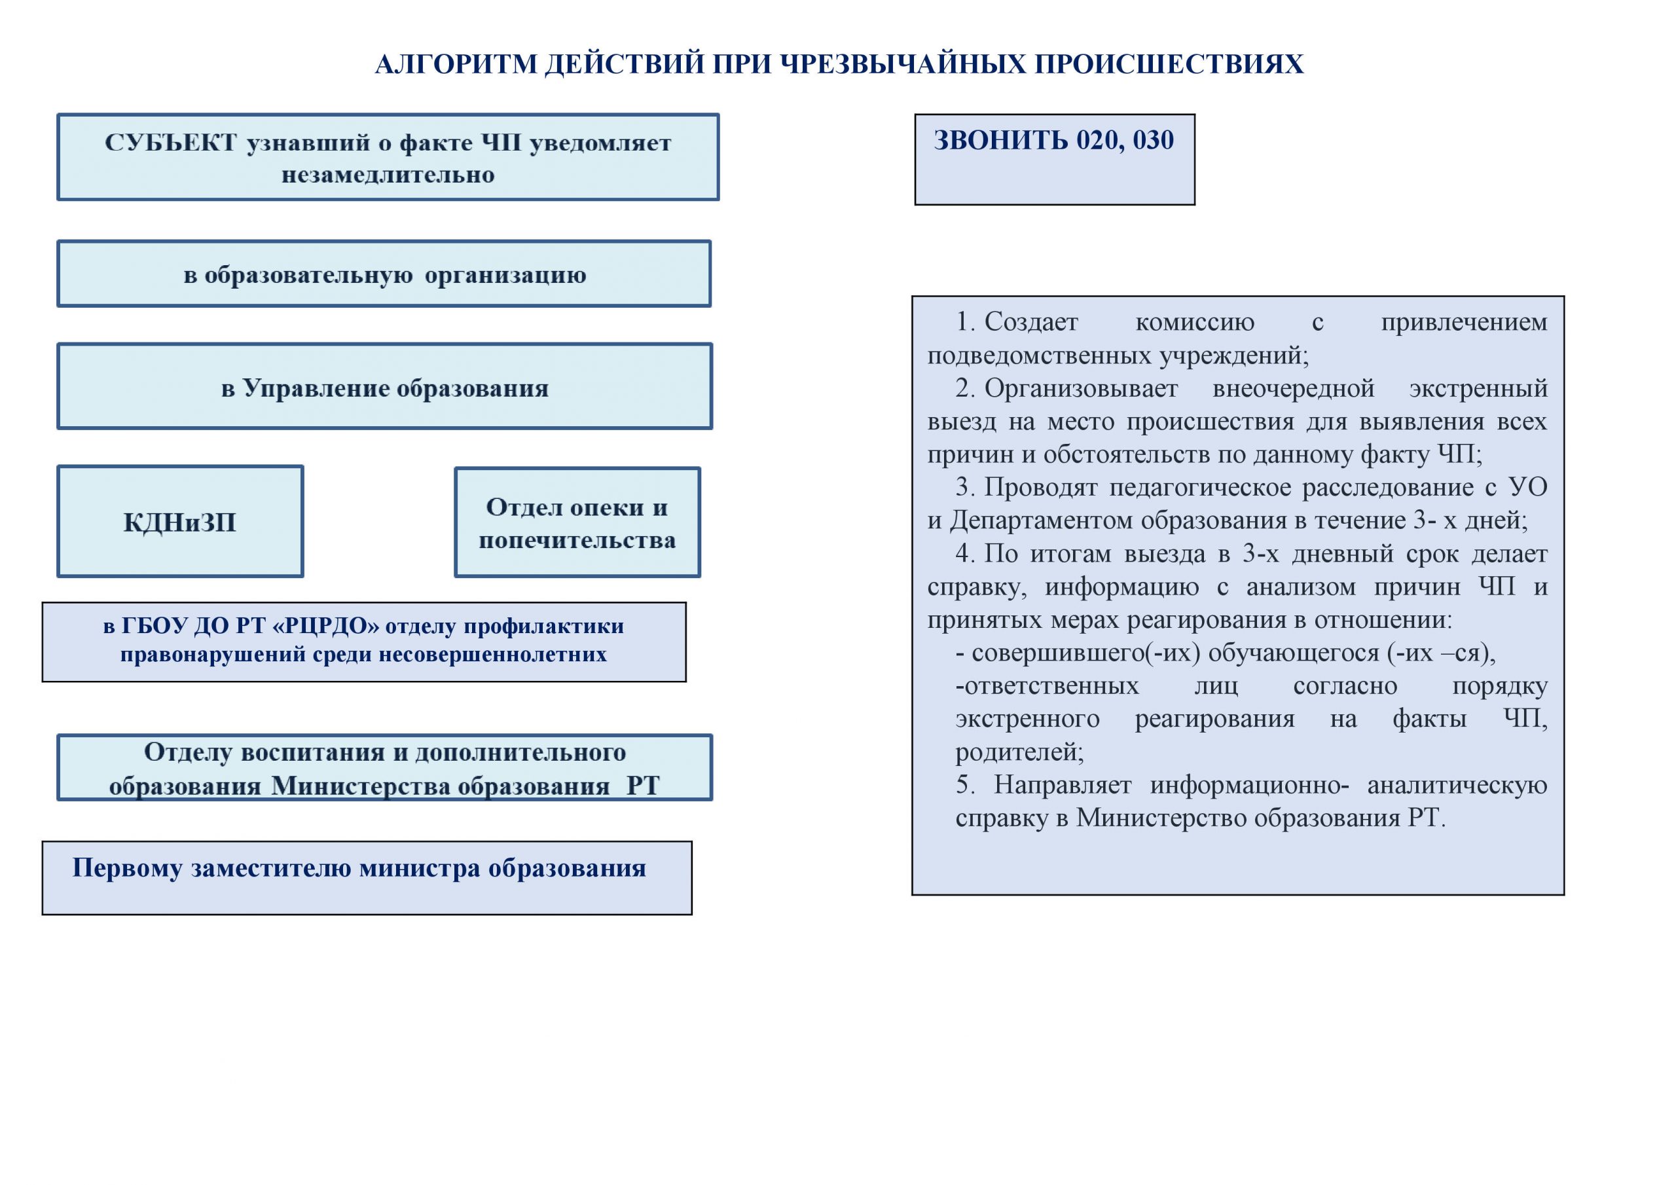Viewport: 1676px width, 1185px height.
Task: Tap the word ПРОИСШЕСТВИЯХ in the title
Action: coord(1169,64)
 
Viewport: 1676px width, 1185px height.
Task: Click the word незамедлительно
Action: coord(388,175)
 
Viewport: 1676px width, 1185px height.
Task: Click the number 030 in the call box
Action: coord(1154,139)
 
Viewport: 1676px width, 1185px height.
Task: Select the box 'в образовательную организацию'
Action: coord(384,274)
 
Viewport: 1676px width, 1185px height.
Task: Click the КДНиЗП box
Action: coord(179,522)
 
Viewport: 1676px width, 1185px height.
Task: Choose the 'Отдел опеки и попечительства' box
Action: coord(577,522)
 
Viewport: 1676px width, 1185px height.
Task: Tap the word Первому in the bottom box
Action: coord(127,867)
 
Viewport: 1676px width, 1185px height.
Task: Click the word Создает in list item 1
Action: coord(1030,321)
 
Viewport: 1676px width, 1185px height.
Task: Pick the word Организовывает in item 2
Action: coord(1080,388)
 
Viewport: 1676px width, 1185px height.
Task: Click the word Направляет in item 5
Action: coord(1062,784)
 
